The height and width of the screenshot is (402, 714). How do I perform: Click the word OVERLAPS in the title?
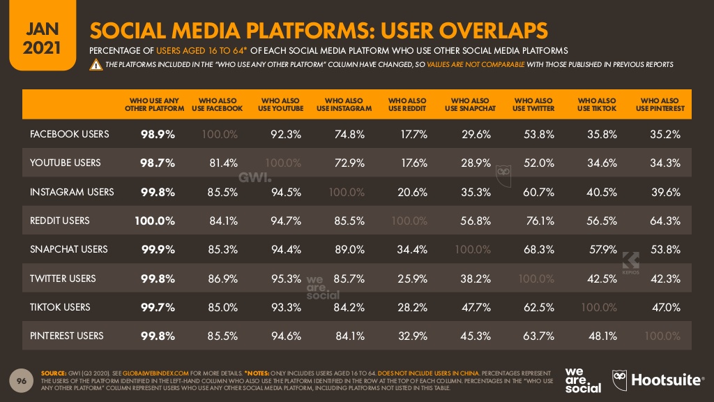click(x=486, y=31)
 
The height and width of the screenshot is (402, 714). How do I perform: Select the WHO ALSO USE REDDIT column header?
click(x=407, y=105)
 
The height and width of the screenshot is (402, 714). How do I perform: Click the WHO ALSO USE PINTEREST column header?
click(x=659, y=105)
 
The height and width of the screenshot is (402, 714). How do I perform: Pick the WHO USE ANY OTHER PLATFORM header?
click(x=155, y=105)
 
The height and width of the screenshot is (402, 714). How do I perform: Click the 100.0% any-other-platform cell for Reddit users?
click(x=154, y=221)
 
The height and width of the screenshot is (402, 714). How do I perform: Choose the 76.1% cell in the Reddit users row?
click(x=540, y=221)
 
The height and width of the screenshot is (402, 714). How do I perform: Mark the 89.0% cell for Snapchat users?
click(x=350, y=249)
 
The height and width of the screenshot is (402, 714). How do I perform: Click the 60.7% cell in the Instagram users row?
click(x=539, y=192)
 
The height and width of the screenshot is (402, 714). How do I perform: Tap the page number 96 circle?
click(x=22, y=380)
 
